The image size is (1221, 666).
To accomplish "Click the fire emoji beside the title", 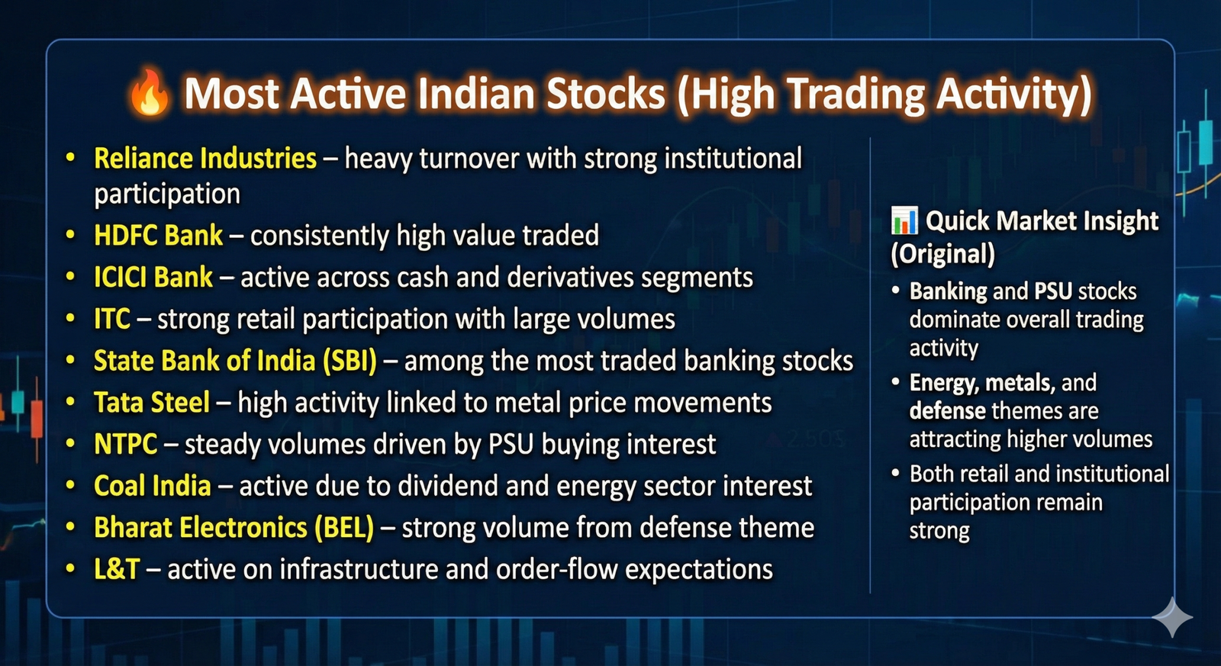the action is (150, 92).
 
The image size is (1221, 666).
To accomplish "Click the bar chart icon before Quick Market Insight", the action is (904, 220).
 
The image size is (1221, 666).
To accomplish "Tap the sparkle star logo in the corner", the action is (1172, 617).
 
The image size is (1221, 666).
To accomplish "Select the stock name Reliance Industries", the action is (205, 159).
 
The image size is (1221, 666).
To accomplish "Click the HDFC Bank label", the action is (158, 236).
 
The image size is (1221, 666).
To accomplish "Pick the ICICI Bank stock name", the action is (153, 277).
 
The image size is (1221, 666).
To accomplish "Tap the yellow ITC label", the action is (111, 319).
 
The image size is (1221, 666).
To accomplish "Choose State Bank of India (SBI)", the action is (235, 361).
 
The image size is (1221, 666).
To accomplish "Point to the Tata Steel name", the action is (152, 402).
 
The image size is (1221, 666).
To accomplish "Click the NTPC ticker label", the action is (125, 444).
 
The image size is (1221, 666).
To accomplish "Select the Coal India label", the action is (152, 486).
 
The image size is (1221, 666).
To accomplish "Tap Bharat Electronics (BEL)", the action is (234, 528).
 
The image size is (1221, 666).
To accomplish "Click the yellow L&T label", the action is (117, 569).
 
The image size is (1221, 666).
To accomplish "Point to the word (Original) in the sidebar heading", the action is (943, 254).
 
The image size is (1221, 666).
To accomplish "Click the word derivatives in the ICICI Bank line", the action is (570, 277).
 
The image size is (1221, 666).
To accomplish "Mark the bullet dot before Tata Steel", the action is (70, 403).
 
